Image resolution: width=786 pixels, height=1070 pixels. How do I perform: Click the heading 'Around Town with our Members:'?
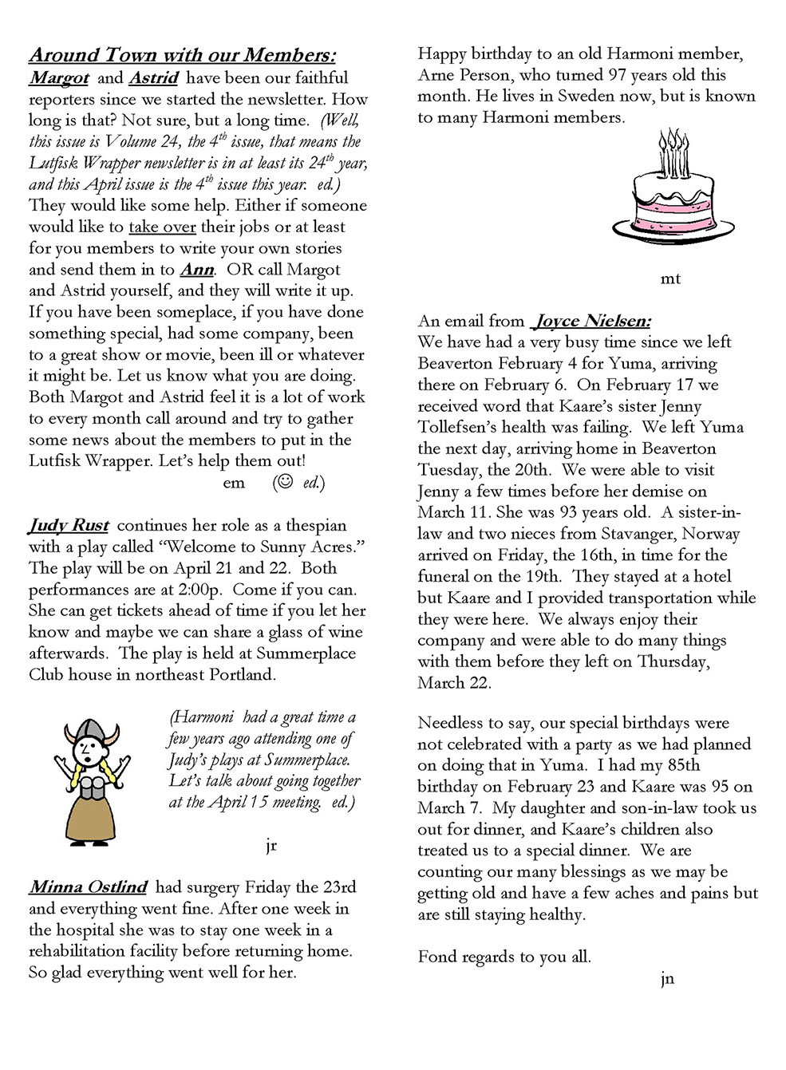pyautogui.click(x=182, y=55)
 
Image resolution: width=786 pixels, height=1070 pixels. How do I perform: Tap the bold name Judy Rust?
pyautogui.click(x=69, y=526)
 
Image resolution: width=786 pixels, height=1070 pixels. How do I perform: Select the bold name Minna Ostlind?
pyautogui.click(x=89, y=887)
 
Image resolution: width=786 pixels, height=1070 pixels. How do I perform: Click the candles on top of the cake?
pyautogui.click(x=672, y=154)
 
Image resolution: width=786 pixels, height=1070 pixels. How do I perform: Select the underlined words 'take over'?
pyautogui.click(x=162, y=227)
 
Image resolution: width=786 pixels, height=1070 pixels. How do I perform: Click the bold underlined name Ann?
pyautogui.click(x=198, y=270)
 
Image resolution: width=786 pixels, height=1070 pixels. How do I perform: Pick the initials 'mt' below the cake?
pyautogui.click(x=671, y=279)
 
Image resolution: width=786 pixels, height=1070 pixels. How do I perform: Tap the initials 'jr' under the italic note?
pyautogui.click(x=271, y=846)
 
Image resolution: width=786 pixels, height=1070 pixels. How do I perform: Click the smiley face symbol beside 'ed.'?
pyautogui.click(x=283, y=482)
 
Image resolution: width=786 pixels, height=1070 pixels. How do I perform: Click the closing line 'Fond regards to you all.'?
pyautogui.click(x=504, y=956)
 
